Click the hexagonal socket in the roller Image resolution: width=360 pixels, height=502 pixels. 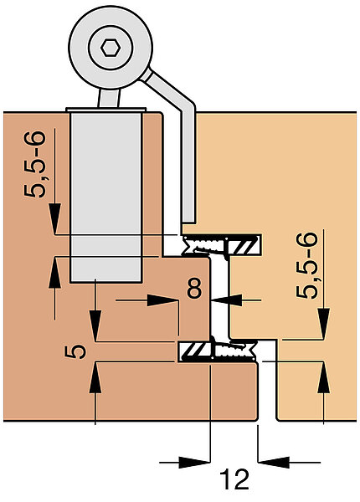pos(111,49)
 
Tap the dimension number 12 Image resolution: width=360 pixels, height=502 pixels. pos(234,479)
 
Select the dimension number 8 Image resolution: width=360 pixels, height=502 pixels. pos(195,288)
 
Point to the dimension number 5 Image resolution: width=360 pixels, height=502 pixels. pos(75,351)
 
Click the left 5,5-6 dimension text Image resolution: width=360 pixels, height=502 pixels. pos(35,164)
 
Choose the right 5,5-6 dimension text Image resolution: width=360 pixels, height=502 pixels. pos(307,265)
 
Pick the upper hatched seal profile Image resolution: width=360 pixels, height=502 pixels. pos(222,245)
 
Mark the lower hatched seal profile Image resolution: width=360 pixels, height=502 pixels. pos(218,351)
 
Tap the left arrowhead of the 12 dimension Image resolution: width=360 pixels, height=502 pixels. pos(194,463)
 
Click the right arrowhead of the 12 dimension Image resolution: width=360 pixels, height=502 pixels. pos(273,463)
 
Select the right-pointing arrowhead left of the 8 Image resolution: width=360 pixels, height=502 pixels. pos(162,300)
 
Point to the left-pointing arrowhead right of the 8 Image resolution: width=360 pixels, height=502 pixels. pos(227,300)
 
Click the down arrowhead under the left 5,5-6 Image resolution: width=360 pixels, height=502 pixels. pos(54,219)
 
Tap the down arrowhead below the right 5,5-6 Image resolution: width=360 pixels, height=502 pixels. pos(324,323)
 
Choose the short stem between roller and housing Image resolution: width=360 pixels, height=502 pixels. pos(109,98)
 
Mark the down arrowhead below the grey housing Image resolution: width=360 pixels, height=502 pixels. pos(95,325)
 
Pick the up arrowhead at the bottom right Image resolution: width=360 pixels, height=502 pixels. pos(324,377)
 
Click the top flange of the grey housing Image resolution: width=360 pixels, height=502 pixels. pos(105,110)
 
